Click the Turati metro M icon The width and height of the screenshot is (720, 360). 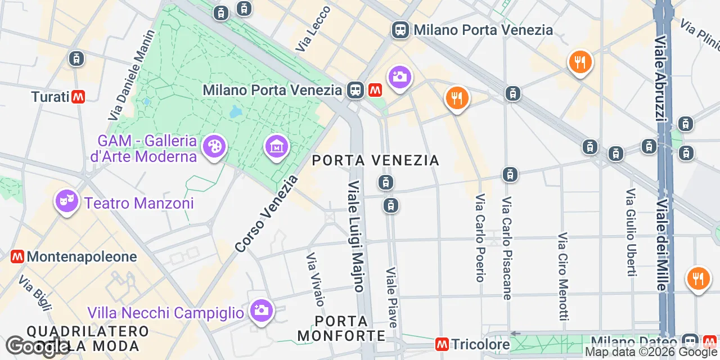click(x=78, y=97)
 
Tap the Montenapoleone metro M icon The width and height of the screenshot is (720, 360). click(x=17, y=256)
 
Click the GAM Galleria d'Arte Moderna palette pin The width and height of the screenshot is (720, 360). click(x=214, y=146)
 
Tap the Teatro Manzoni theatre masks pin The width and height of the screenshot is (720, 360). click(x=67, y=201)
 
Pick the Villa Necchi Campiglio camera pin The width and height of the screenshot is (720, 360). click(x=262, y=310)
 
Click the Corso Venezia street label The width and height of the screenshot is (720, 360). click(x=266, y=214)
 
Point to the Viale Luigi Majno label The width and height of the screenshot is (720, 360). click(x=355, y=236)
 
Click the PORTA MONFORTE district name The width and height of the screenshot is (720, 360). click(x=341, y=328)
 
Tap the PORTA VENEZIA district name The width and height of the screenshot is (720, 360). click(x=375, y=161)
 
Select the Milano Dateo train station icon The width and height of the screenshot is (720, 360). click(x=690, y=341)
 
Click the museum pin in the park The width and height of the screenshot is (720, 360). click(x=276, y=147)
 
